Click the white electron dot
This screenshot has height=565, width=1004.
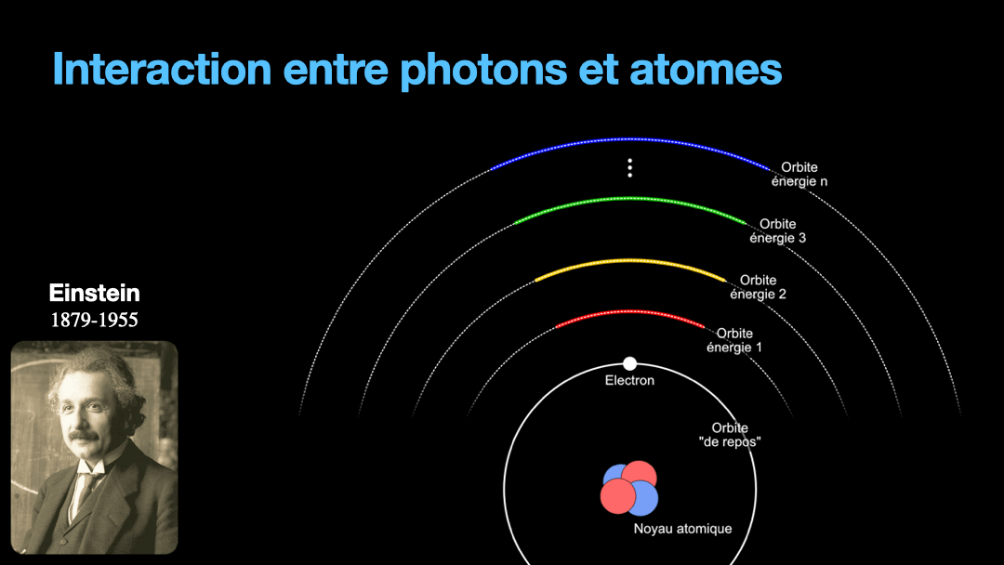[630, 363]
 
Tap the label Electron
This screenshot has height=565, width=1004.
[629, 380]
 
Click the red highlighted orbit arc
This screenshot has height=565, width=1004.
[630, 311]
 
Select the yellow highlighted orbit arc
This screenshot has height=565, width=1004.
[630, 260]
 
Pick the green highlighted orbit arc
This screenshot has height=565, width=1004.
[630, 199]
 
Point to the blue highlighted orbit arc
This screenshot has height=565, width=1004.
[630, 138]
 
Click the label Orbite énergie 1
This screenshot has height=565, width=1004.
[734, 340]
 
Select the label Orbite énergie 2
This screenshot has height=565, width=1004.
[759, 287]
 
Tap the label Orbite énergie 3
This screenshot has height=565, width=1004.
[778, 231]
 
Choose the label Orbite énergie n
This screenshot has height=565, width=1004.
[799, 174]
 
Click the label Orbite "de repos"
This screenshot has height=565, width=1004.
[730, 435]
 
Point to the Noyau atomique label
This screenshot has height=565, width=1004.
[682, 529]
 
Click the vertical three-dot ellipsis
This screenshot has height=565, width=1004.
[630, 167]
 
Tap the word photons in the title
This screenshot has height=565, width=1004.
[483, 69]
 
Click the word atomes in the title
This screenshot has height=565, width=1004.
[706, 69]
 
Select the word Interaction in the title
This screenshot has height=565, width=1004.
[162, 69]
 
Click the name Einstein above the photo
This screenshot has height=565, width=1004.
[94, 293]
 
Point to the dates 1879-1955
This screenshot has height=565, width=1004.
[94, 320]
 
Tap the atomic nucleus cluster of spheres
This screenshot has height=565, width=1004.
[628, 488]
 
